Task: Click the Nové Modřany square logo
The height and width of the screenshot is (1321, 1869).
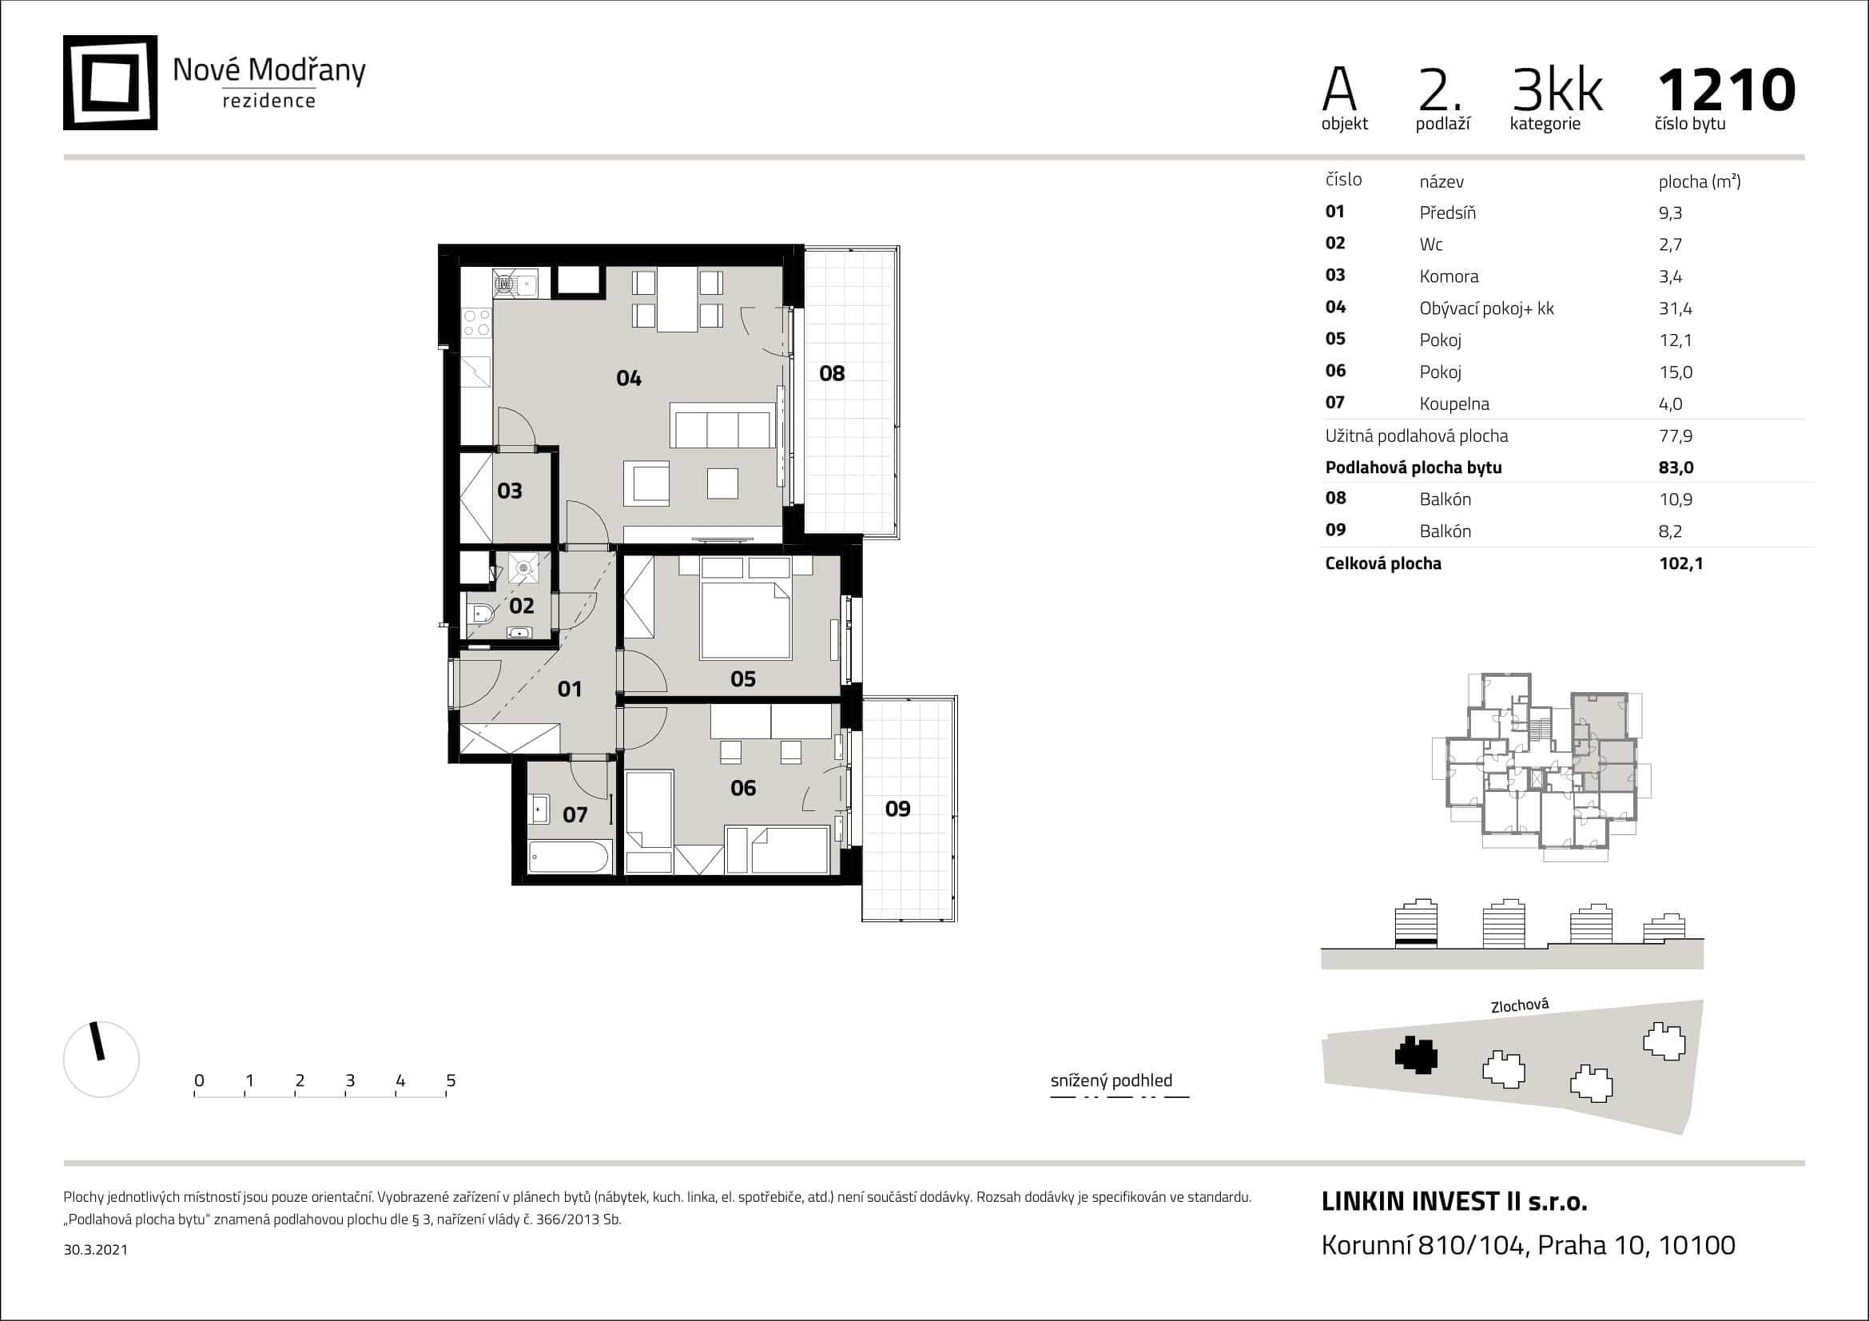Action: pos(110,82)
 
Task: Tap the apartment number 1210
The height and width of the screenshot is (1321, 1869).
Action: pos(1727,90)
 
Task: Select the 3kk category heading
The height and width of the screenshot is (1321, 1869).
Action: pos(1557,90)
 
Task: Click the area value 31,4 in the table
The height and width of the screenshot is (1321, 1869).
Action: pos(1676,308)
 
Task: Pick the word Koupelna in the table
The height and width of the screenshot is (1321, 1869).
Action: pos(1453,404)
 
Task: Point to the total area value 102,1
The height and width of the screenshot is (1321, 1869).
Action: pos(1681,563)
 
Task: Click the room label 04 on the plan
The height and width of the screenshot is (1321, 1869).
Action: pos(628,378)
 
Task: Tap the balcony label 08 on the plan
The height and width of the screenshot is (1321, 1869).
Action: pos(832,373)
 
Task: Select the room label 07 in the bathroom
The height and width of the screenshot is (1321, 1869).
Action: pos(575,815)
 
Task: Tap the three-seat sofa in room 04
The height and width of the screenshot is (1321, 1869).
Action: pos(722,425)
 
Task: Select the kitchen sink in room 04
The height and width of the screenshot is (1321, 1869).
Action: pos(515,284)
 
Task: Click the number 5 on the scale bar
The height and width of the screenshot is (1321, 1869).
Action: pos(451,1081)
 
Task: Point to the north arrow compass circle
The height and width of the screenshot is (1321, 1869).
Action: pos(101,1059)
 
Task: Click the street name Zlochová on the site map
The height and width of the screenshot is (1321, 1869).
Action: pos(1520,1006)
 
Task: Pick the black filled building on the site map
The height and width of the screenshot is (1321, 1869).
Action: pos(1417,1056)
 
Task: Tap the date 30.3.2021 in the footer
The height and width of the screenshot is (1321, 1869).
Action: pos(95,1250)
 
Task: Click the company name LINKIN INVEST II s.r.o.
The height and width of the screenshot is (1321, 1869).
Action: pos(1453,1201)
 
